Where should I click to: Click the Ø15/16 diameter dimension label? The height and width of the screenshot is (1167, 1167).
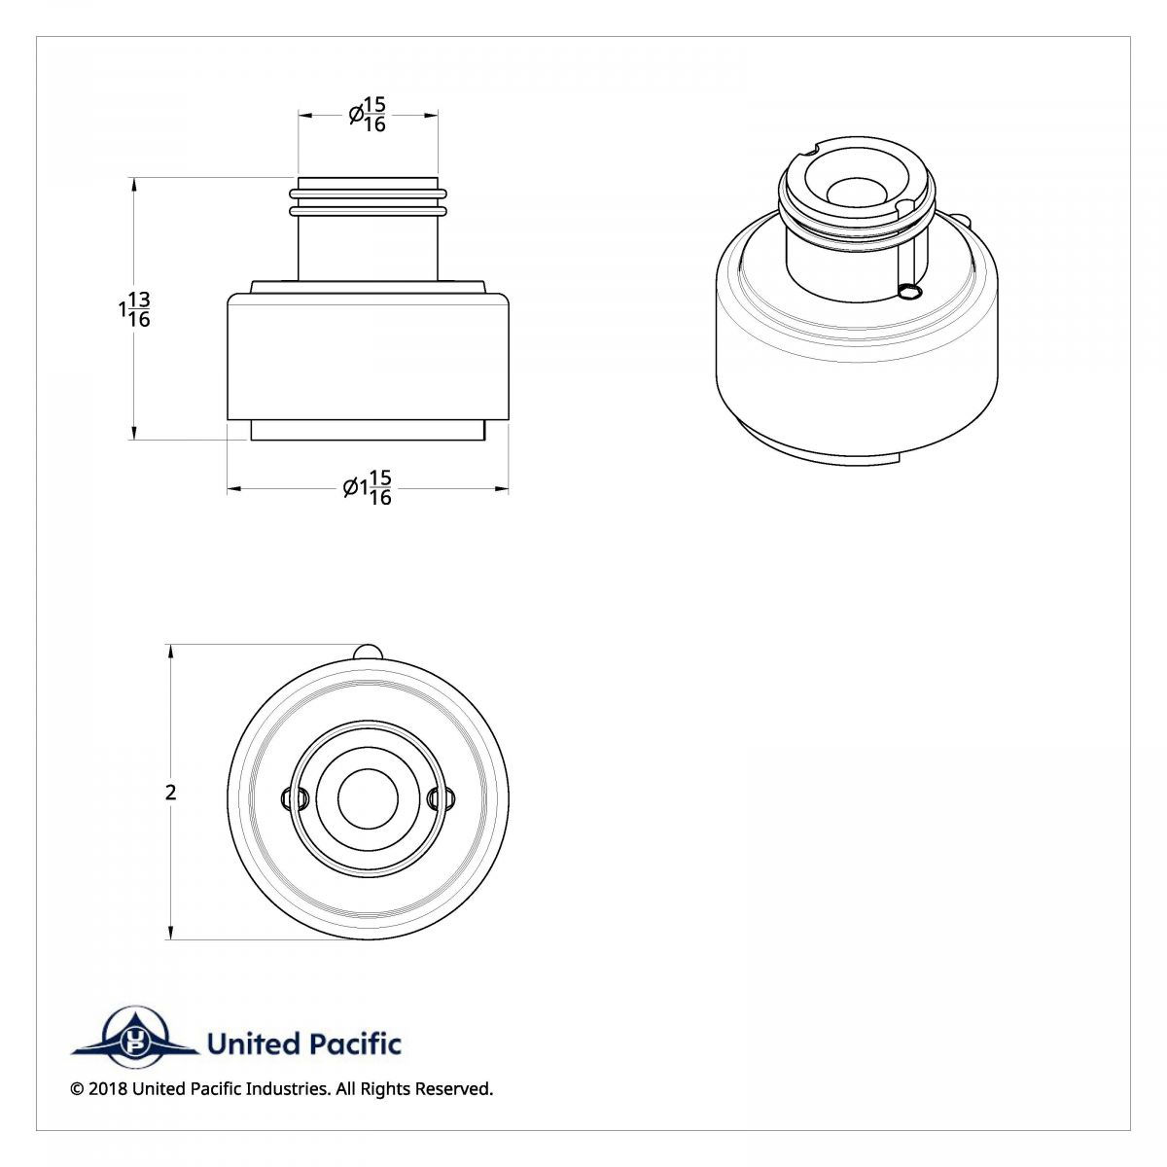click(x=368, y=115)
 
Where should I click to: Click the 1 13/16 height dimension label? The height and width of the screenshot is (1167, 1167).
click(x=134, y=309)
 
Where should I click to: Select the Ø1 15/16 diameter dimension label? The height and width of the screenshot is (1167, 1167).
click(x=368, y=488)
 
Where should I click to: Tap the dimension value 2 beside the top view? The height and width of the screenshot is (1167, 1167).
click(x=171, y=793)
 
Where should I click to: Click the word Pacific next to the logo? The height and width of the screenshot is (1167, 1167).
click(x=354, y=1044)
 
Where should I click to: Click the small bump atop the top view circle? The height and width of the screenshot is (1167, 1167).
click(x=368, y=651)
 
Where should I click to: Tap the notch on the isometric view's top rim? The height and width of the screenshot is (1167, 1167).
click(x=809, y=150)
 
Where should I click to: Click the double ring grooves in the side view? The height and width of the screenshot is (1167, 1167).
click(x=368, y=202)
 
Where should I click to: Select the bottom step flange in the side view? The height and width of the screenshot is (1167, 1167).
click(x=368, y=430)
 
